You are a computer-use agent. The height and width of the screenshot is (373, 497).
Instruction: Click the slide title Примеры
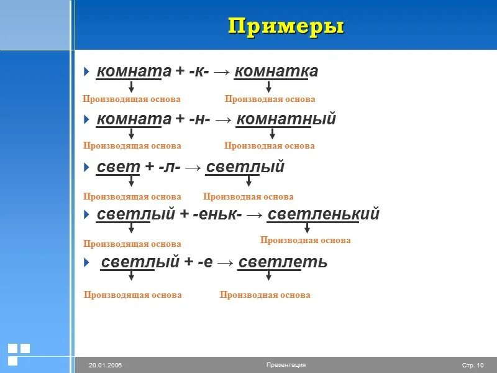286,27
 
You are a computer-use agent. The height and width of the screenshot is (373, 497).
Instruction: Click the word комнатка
276,71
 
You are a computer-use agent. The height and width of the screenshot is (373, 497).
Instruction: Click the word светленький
323,215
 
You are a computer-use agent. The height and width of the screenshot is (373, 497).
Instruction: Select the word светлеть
283,262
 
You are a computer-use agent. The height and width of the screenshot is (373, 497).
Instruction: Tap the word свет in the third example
119,167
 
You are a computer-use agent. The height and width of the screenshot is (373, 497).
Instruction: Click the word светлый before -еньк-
136,215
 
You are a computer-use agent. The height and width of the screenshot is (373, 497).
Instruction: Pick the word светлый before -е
140,262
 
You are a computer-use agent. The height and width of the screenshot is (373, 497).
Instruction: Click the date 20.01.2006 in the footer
105,365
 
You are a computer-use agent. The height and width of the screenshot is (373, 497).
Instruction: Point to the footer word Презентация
286,365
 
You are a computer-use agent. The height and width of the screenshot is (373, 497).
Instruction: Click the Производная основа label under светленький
305,241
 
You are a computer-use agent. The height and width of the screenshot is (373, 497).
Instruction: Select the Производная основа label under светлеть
265,295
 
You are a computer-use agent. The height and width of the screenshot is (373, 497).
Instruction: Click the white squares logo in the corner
19,353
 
